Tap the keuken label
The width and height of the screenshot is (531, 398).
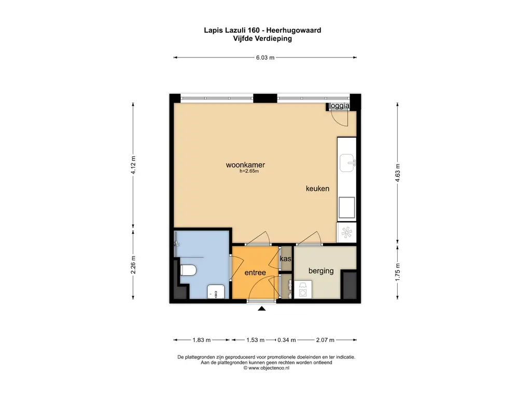pyautogui.click(x=317, y=189)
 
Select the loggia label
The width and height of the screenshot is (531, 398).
pyautogui.click(x=340, y=106)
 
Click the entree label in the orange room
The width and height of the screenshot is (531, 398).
pyautogui.click(x=255, y=273)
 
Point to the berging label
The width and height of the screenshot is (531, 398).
pyautogui.click(x=321, y=271)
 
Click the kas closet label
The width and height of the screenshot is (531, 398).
pyautogui.click(x=285, y=259)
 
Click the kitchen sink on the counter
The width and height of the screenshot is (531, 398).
pyautogui.click(x=347, y=164)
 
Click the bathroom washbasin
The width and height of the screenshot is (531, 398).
pyautogui.click(x=215, y=292)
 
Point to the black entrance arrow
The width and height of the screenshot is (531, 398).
pyautogui.click(x=262, y=309)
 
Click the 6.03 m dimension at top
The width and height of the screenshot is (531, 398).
pyautogui.click(x=265, y=58)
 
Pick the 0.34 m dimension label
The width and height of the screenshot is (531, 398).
pyautogui.click(x=286, y=340)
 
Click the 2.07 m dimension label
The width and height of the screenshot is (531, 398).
pyautogui.click(x=325, y=340)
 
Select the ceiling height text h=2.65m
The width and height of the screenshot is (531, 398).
pyautogui.click(x=249, y=172)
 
